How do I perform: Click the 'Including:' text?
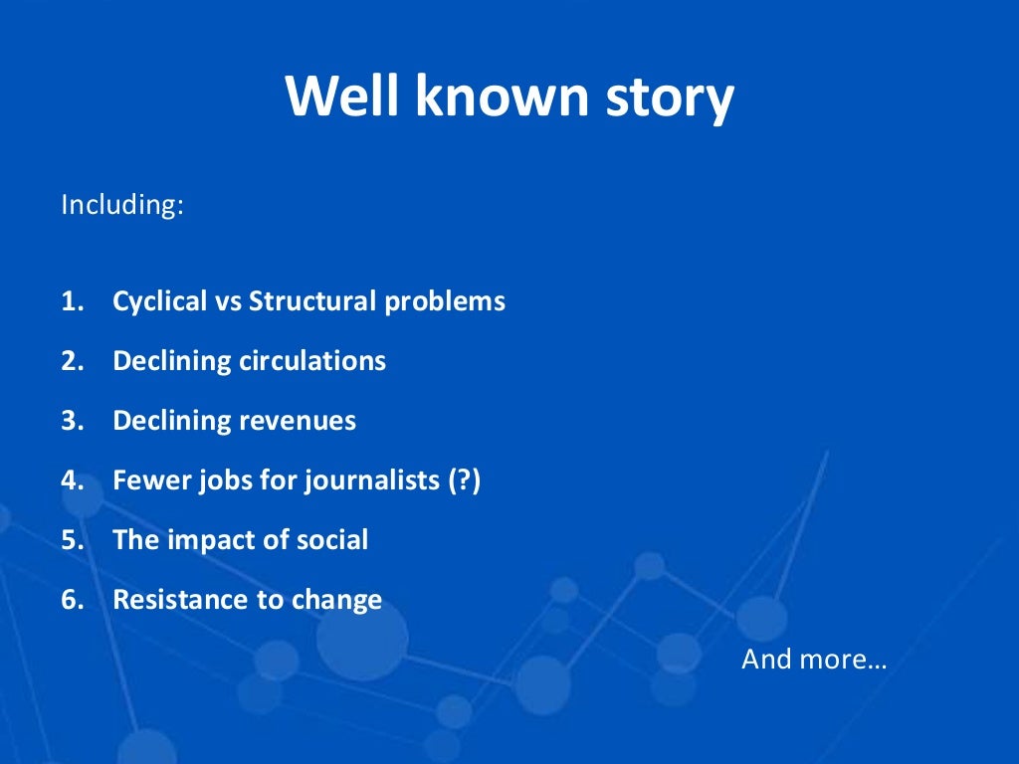point(122,205)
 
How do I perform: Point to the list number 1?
point(71,301)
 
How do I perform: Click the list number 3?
point(71,421)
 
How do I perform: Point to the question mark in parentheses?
point(462,480)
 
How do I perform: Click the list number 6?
point(71,600)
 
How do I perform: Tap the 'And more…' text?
point(813,659)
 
